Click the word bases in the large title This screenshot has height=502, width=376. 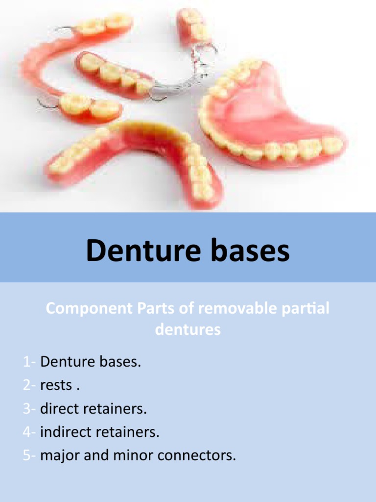tap(253, 251)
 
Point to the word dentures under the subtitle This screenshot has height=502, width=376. tap(188, 329)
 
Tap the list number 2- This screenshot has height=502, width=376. tap(29, 385)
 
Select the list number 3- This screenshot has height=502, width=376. tap(29, 408)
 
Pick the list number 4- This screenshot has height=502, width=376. tap(29, 432)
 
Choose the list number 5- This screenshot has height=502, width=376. tap(29, 455)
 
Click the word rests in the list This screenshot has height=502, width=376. tap(56, 385)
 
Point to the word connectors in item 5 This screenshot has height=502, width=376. tap(199, 455)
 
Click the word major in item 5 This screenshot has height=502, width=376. tap(61, 455)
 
